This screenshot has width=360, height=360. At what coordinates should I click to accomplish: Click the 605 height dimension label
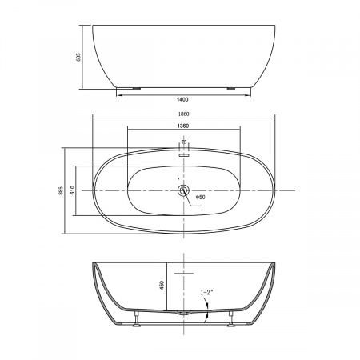(78, 57)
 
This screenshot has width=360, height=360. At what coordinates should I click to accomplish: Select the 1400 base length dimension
(182, 100)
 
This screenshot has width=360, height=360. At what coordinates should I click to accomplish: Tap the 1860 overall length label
(183, 114)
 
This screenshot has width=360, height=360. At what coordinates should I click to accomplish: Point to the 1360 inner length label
(183, 126)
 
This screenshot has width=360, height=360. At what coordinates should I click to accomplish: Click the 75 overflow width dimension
(183, 142)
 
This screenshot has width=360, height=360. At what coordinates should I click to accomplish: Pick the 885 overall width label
(61, 190)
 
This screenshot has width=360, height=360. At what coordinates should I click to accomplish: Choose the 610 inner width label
(73, 190)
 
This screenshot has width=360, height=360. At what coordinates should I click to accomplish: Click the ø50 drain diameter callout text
(200, 197)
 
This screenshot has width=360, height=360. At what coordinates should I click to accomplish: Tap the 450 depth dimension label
(162, 286)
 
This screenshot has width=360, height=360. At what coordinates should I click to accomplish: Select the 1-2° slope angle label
(206, 292)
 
